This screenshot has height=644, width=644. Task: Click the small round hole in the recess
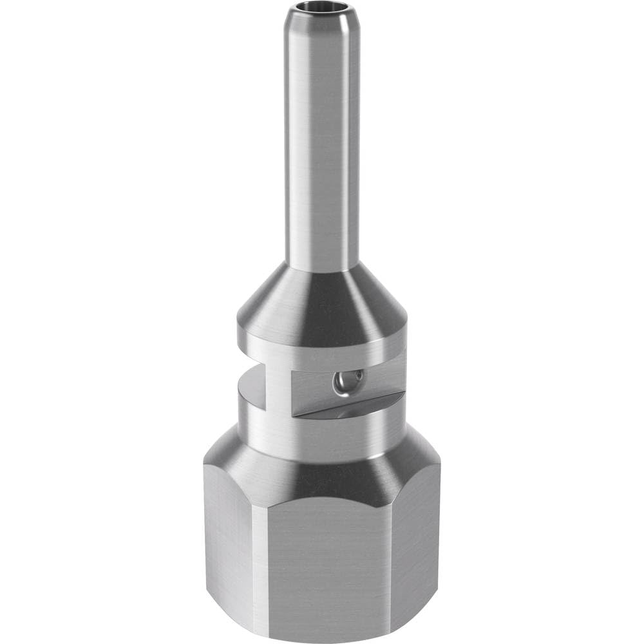[341, 384]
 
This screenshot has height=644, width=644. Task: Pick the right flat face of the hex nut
[415, 547]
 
